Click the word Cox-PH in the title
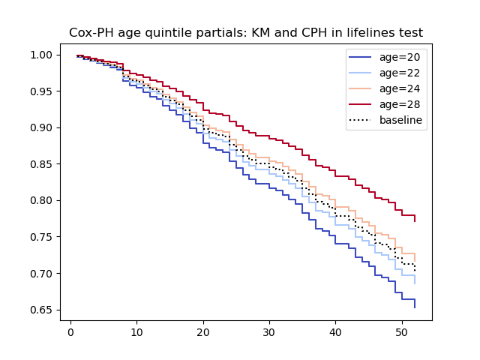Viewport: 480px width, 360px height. coord(91,33)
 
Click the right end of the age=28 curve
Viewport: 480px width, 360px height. coord(415,221)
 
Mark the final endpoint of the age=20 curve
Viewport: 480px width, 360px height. coord(415,307)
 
